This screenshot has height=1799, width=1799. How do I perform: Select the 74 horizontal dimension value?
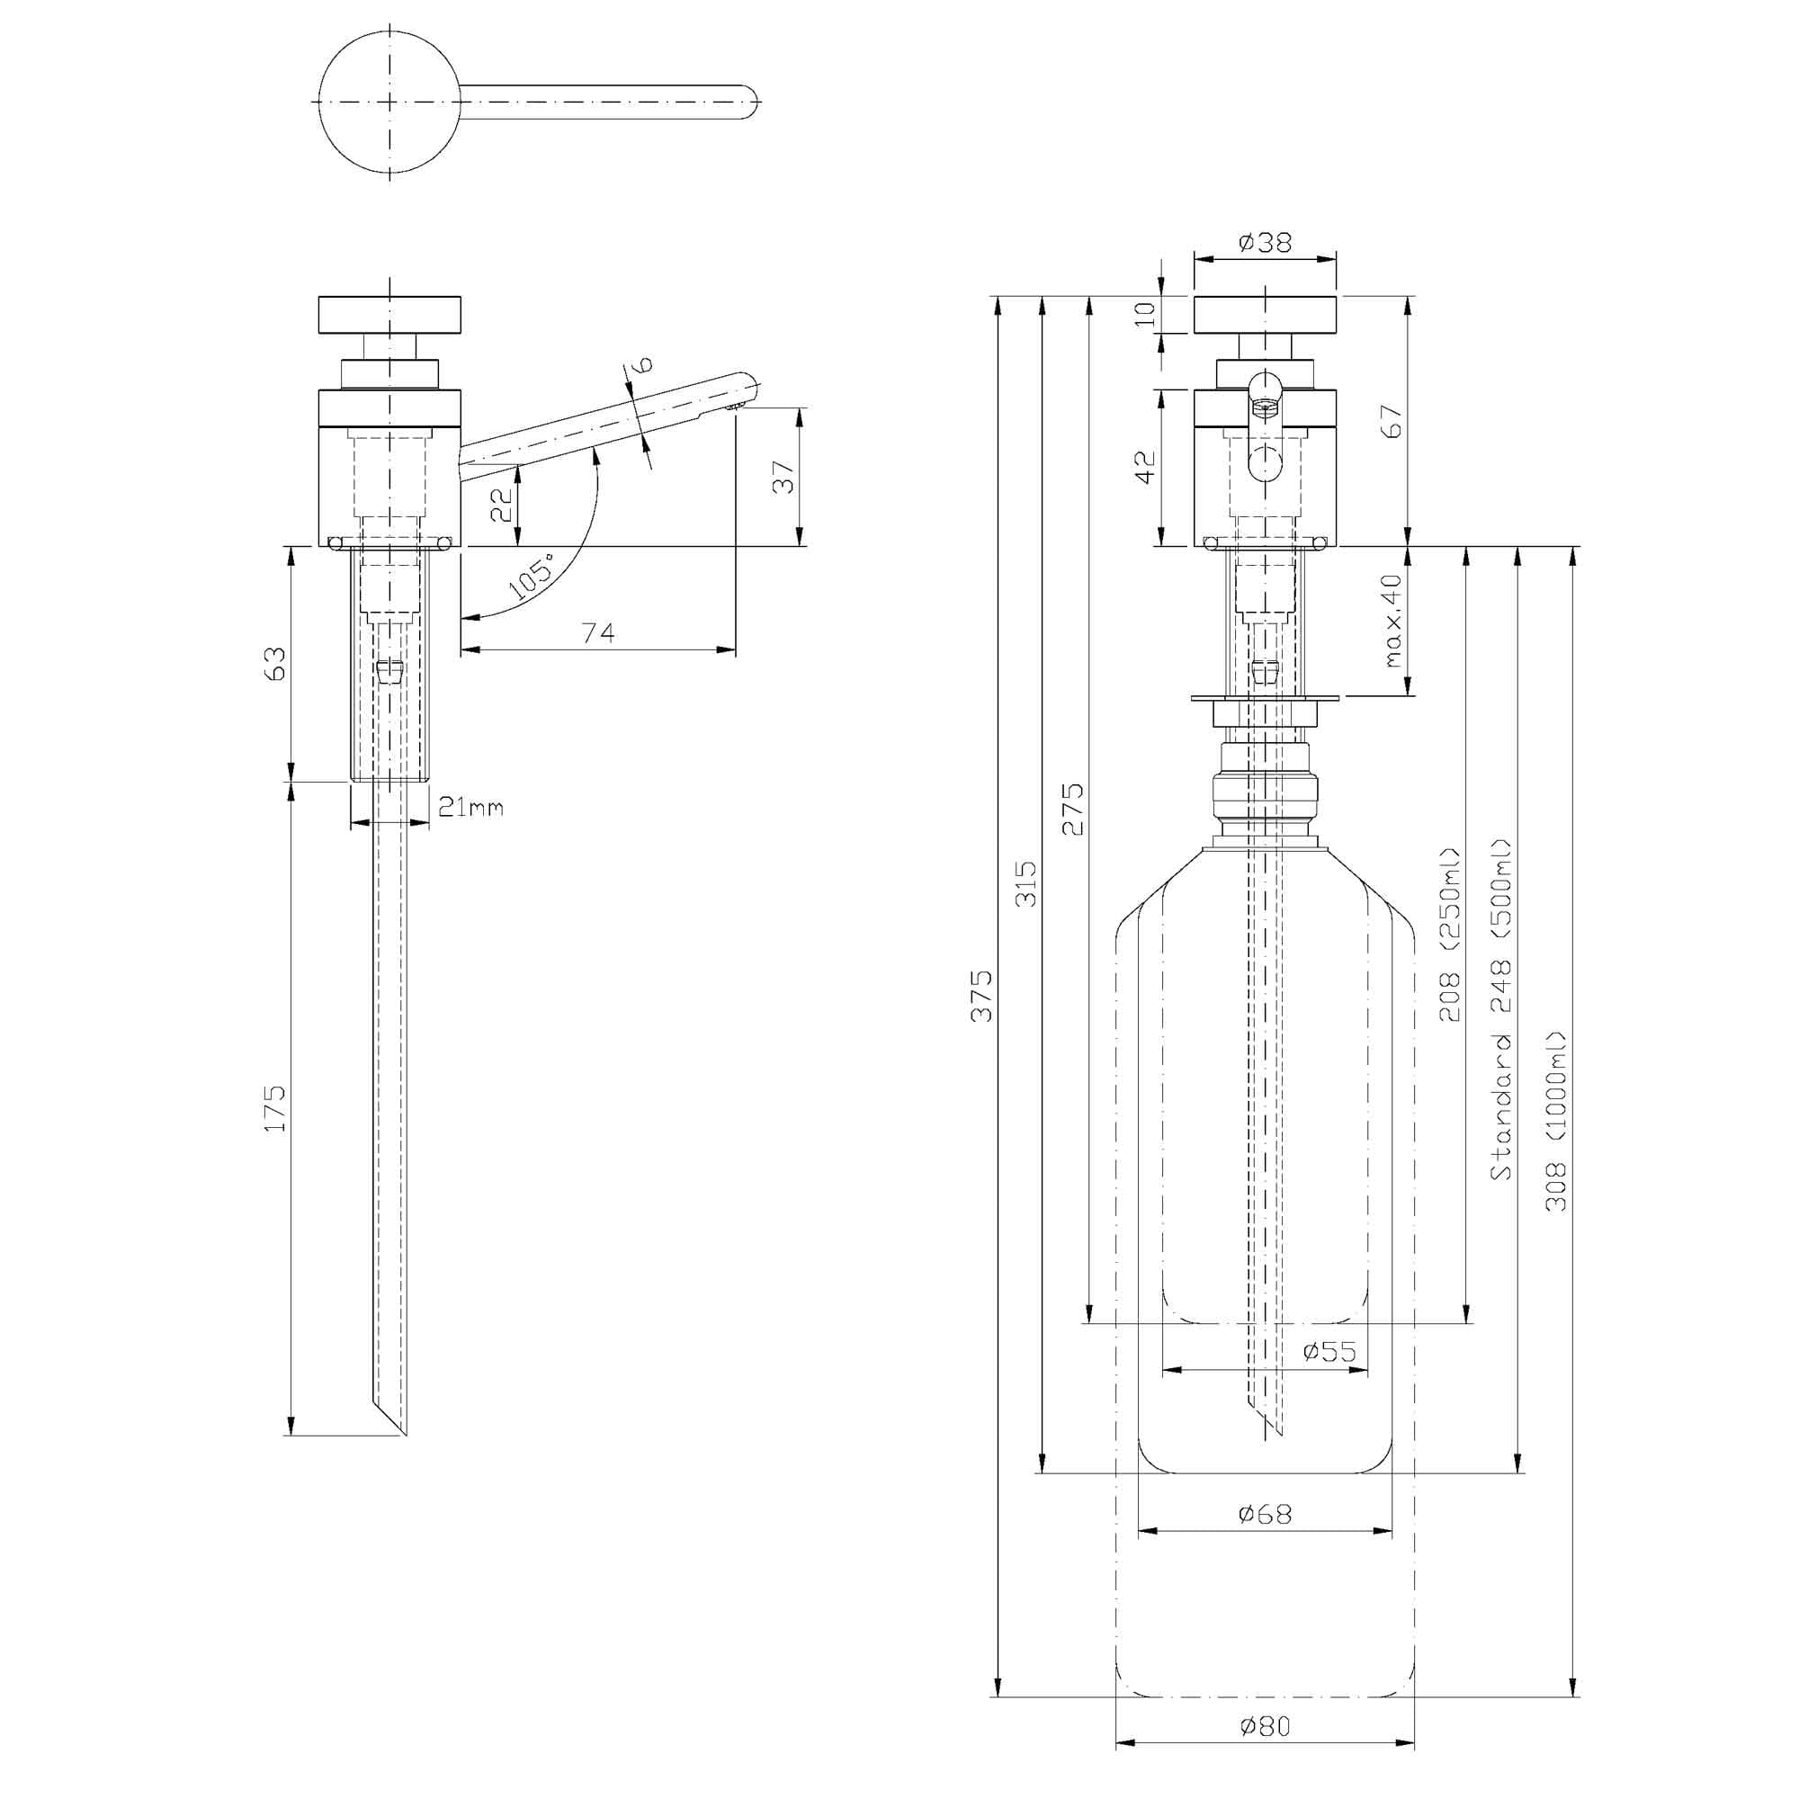tap(598, 632)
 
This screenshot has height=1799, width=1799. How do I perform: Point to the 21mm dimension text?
tap(470, 808)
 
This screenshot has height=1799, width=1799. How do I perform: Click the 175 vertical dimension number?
tap(275, 1108)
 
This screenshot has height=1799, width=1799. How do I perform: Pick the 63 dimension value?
tap(275, 663)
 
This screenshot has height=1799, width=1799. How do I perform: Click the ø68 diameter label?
tap(1265, 1514)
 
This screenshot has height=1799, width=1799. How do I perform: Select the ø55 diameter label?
tap(1329, 1351)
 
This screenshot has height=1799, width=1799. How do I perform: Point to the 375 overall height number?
tap(982, 996)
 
